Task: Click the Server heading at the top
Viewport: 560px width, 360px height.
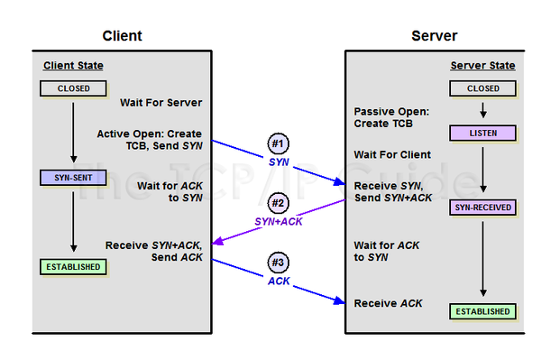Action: (x=434, y=36)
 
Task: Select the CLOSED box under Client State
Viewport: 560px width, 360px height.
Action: (x=72, y=89)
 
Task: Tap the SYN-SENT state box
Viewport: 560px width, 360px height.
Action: (x=72, y=178)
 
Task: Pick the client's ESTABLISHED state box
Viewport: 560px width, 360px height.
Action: (x=72, y=267)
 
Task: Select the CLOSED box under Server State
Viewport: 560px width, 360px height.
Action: (x=482, y=89)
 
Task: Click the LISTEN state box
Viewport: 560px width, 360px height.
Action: (x=482, y=134)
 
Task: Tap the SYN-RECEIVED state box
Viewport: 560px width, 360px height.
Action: (x=482, y=208)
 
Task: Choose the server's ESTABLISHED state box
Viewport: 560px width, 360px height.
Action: (x=482, y=312)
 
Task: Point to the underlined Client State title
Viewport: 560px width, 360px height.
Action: (x=73, y=66)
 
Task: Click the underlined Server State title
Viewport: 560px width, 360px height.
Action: (x=482, y=66)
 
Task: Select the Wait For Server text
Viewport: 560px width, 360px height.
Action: (x=161, y=103)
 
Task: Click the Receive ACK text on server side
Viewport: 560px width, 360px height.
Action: (x=388, y=303)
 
